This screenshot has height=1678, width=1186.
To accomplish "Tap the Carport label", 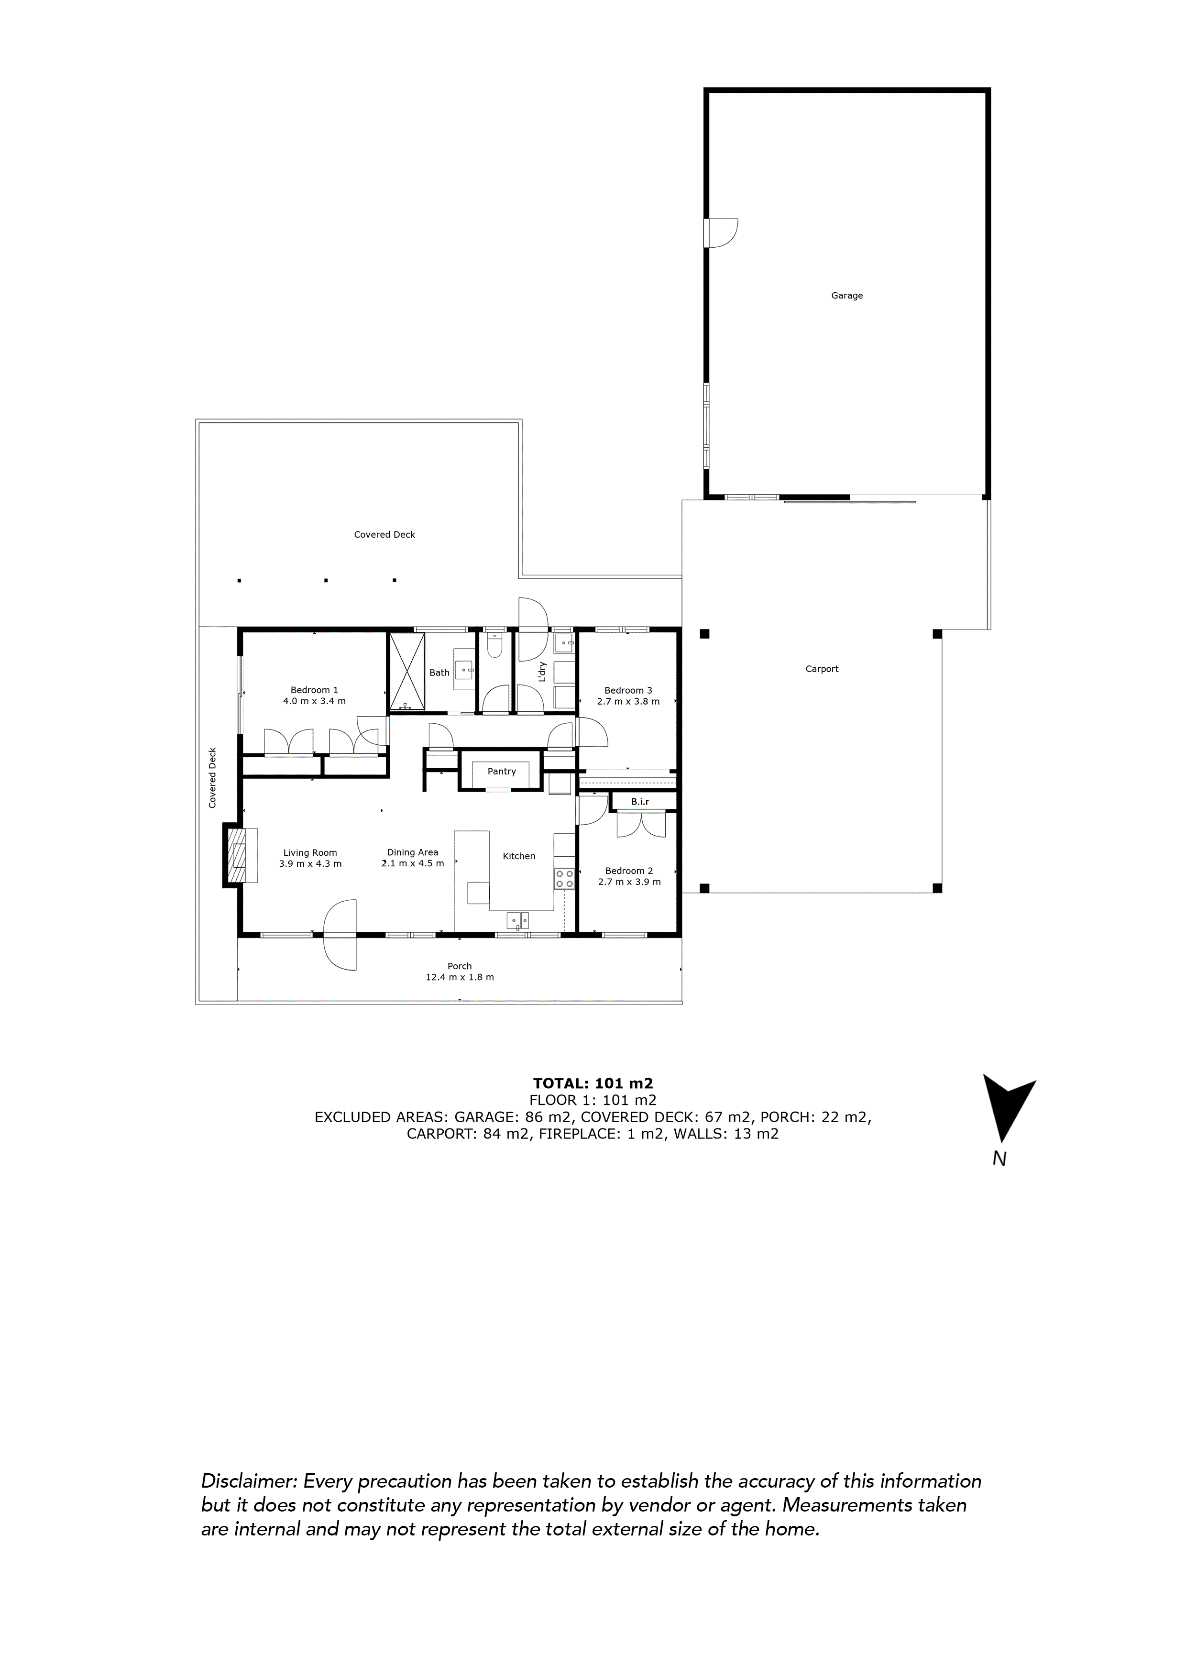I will pyautogui.click(x=822, y=669).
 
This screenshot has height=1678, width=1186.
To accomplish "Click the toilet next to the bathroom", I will pyautogui.click(x=494, y=647).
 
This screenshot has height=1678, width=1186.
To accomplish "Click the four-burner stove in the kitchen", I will pyautogui.click(x=563, y=879).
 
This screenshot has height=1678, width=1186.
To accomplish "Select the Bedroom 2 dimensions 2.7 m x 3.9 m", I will pyautogui.click(x=629, y=882).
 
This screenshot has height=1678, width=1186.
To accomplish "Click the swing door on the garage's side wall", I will pyautogui.click(x=721, y=233).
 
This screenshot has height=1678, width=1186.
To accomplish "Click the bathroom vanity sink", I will pyautogui.click(x=464, y=669).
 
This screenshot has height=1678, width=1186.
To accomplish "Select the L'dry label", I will pyautogui.click(x=541, y=671).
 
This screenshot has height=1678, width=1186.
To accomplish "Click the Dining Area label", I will pyautogui.click(x=412, y=852).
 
